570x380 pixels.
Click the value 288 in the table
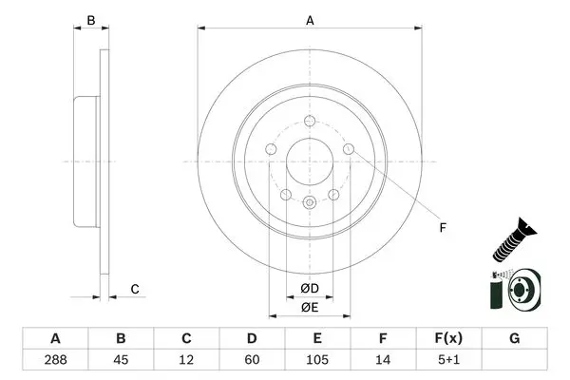pyautogui.click(x=55, y=360)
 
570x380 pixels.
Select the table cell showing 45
pyautogui.click(x=121, y=360)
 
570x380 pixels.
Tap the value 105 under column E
pyautogui.click(x=317, y=360)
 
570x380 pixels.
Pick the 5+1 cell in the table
pyautogui.click(x=449, y=360)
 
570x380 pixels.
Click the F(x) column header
pyautogui.click(x=449, y=338)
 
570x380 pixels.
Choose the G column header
pyautogui.click(x=514, y=338)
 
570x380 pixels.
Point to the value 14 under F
pyautogui.click(x=383, y=360)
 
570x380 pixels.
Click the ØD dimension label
pyautogui.click(x=310, y=289)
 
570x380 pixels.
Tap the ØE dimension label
pyautogui.click(x=310, y=307)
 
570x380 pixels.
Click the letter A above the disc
pyautogui.click(x=310, y=21)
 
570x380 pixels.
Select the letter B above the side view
pyautogui.click(x=91, y=20)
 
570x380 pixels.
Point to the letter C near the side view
pyautogui.click(x=135, y=289)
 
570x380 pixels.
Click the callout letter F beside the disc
pyautogui.click(x=443, y=228)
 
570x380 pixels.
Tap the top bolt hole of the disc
pyautogui.click(x=310, y=121)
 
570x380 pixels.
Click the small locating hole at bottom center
pyautogui.click(x=310, y=202)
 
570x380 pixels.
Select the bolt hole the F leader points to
pyautogui.click(x=349, y=149)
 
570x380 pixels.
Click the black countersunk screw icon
pyautogui.click(x=514, y=240)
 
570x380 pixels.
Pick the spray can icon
pyautogui.click(x=496, y=291)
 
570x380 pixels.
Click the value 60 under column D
pyautogui.click(x=252, y=360)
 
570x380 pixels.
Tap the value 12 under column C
pyautogui.click(x=186, y=360)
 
